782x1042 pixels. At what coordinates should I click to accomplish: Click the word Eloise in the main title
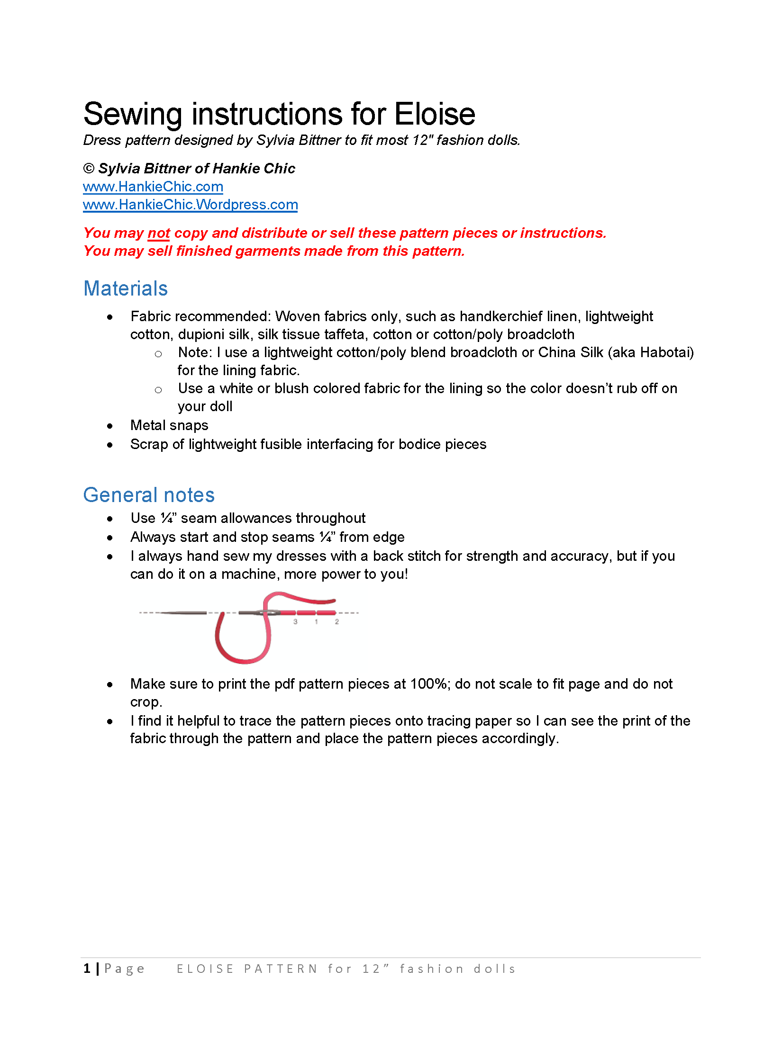point(435,115)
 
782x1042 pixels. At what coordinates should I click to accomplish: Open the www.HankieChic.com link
point(153,187)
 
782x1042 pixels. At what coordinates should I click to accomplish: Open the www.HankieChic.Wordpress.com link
point(190,205)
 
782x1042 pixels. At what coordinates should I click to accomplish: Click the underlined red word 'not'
point(158,233)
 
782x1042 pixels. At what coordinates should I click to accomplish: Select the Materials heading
point(126,288)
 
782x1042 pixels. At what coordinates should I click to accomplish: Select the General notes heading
point(149,495)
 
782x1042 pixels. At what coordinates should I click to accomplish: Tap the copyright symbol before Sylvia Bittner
point(89,169)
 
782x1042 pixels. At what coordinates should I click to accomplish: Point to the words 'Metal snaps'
point(169,425)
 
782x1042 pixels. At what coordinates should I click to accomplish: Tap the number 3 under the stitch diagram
point(295,622)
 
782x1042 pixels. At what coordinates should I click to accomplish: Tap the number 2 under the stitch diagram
point(337,622)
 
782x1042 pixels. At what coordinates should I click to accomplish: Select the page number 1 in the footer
point(87,969)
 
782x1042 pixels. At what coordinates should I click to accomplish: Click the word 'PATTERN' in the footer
point(281,969)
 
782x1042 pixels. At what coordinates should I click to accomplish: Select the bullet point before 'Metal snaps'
point(110,426)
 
